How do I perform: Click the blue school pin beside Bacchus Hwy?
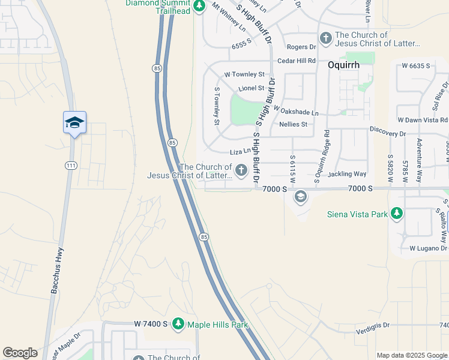[x=75, y=123]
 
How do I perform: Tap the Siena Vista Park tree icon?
[x=396, y=213]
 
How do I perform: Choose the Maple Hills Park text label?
[x=217, y=325]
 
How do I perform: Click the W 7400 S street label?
[x=151, y=324]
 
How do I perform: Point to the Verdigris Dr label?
[x=368, y=325]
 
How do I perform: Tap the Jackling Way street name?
[x=347, y=174]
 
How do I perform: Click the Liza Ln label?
[x=240, y=153]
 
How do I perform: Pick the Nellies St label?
[x=294, y=124]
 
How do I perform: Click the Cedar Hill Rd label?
[x=296, y=61]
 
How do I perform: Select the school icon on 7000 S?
[x=300, y=197]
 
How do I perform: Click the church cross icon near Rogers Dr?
[x=326, y=39]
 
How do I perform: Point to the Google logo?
[x=20, y=353]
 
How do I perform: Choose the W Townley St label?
[x=244, y=74]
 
